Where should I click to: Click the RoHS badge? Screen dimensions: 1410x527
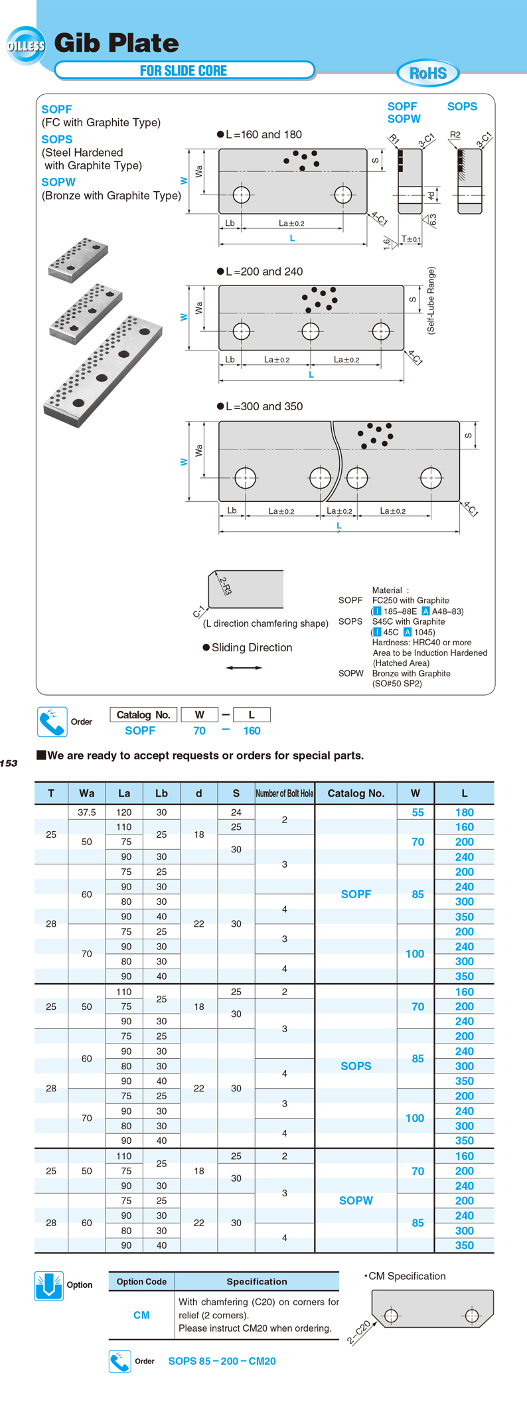tap(428, 73)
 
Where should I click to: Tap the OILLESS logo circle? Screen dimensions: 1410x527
tap(26, 46)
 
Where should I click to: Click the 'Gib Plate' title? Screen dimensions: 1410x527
tap(116, 43)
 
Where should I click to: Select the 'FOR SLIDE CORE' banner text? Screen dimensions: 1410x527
tap(183, 70)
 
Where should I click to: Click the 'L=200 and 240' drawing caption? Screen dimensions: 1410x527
tap(260, 272)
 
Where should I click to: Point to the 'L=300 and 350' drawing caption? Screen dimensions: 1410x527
tap(260, 406)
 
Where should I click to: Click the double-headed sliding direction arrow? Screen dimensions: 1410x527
tap(244, 667)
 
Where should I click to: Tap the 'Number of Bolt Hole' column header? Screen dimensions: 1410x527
tap(284, 793)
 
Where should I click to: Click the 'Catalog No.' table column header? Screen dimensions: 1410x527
tap(356, 793)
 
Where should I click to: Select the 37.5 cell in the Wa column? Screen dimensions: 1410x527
tap(86, 812)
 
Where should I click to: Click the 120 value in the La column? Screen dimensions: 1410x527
tap(124, 812)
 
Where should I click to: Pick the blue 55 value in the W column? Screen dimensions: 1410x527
tap(417, 812)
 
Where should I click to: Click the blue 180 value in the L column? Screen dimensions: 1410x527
tap(464, 812)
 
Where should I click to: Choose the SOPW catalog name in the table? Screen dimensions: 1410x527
tap(356, 1200)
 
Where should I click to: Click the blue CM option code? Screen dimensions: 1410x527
tap(141, 1315)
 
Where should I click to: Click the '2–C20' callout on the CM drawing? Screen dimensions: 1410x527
tap(359, 1332)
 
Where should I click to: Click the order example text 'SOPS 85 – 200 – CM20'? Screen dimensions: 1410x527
tap(222, 1361)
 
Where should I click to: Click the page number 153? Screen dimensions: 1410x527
tap(9, 763)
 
